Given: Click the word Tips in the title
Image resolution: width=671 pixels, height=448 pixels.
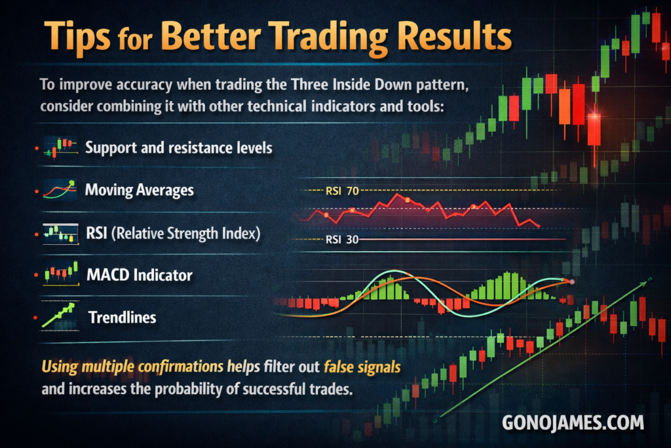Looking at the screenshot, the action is pos(77,37).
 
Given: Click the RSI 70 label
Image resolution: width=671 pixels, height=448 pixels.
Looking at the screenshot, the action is pos(342,191).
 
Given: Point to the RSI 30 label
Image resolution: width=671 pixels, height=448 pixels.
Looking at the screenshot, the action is pos(342,239).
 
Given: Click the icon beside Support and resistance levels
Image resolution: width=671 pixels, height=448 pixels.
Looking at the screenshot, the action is pos(61,148).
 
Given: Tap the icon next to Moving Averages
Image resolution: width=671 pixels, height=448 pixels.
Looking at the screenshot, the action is pos(60,190).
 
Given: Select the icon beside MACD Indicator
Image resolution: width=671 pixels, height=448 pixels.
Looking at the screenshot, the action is pos(61,274).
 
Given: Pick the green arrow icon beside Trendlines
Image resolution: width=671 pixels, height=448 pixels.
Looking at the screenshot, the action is pos(59,316).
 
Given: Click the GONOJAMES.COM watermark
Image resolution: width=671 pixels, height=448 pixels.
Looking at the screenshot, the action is pos(573,422).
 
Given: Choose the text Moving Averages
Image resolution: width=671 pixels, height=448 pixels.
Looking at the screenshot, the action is pos(140,190).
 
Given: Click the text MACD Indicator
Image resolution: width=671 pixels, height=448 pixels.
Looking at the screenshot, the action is pos(140,275).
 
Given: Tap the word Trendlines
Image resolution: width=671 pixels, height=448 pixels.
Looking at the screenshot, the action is pos(123,317).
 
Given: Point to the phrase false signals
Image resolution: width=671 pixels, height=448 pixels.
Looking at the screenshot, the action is pos(362,367).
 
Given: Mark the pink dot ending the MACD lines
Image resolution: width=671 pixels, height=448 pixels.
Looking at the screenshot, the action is pos(572,282).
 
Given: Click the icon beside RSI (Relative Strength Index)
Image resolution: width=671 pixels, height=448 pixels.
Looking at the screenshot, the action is pos(61,234).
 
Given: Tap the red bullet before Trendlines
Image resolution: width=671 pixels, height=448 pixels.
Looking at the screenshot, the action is pos(35,317).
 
